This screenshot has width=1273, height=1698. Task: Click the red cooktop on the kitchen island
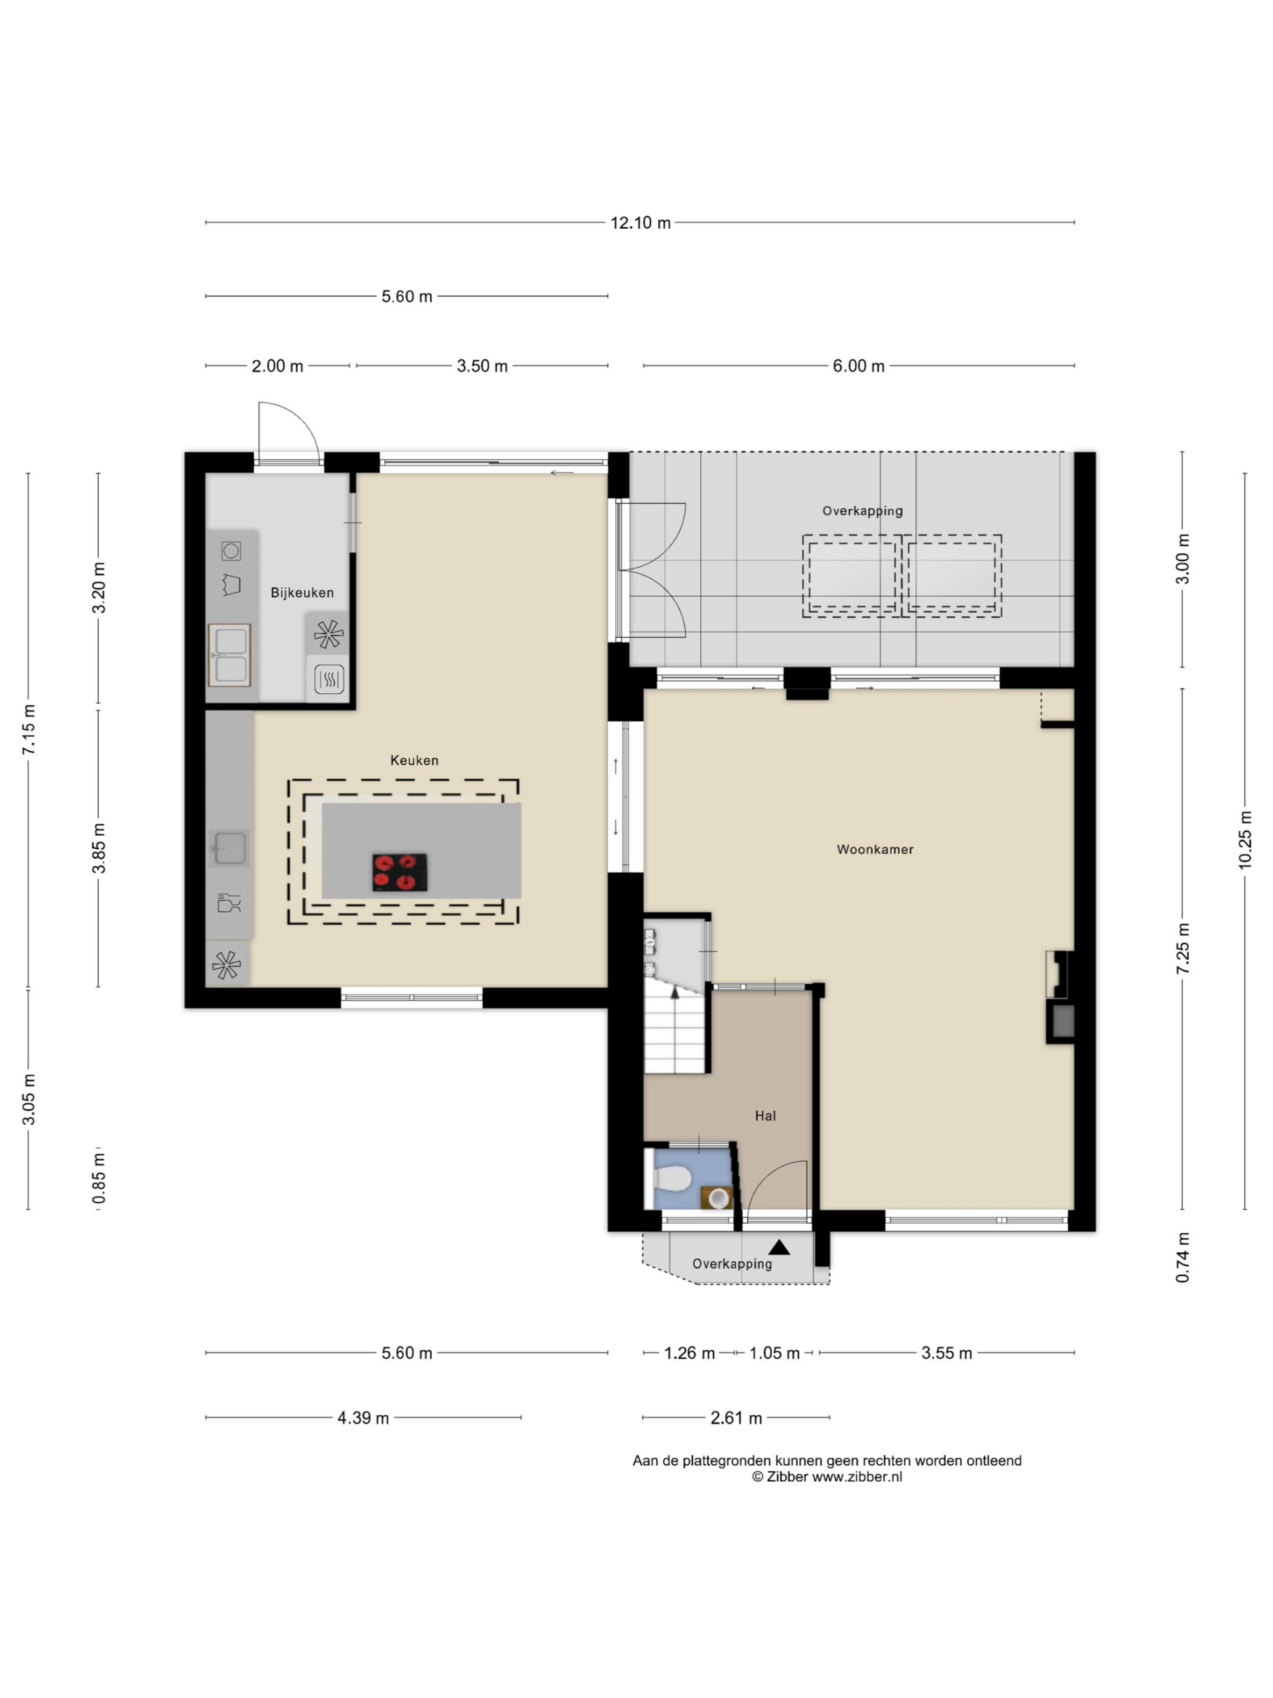pyautogui.click(x=399, y=872)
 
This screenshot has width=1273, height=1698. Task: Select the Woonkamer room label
pyautogui.click(x=875, y=849)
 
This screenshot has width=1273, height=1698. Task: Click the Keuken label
pyautogui.click(x=414, y=760)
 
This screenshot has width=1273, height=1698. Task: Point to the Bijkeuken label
pyautogui.click(x=302, y=592)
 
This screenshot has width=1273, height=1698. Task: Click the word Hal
pyautogui.click(x=765, y=1116)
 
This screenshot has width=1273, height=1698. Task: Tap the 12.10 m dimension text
pyautogui.click(x=640, y=223)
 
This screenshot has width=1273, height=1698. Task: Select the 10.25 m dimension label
pyautogui.click(x=1244, y=840)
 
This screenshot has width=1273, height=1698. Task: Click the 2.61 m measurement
pyautogui.click(x=736, y=1418)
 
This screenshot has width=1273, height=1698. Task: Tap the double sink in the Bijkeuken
pyautogui.click(x=229, y=655)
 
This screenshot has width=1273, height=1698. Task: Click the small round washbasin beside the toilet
pyautogui.click(x=718, y=1197)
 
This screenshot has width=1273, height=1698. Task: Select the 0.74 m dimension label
pyautogui.click(x=1182, y=1258)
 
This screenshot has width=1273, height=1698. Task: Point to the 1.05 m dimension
pyautogui.click(x=774, y=1352)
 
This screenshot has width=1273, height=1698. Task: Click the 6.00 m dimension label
pyautogui.click(x=859, y=366)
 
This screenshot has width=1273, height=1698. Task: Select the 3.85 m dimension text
pyautogui.click(x=99, y=848)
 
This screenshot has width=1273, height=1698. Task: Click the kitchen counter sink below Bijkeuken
pyautogui.click(x=229, y=848)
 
